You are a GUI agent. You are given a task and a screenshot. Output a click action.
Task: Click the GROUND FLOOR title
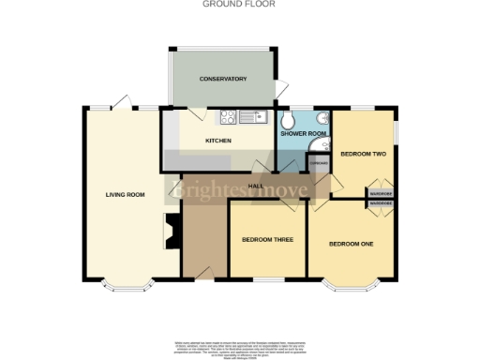(x=240, y=4)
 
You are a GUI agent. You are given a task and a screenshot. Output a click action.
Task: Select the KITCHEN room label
(x=217, y=142)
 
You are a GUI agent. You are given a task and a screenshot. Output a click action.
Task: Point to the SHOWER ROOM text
(x=303, y=134)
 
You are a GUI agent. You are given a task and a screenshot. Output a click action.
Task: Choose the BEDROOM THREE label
(x=267, y=240)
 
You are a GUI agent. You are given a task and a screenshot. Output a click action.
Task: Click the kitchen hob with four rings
(x=227, y=117)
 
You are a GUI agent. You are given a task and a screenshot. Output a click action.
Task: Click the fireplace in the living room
(x=171, y=231)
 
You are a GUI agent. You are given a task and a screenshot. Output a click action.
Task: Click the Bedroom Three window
(x=267, y=279)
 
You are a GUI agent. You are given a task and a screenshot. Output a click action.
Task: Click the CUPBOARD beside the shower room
(x=319, y=162)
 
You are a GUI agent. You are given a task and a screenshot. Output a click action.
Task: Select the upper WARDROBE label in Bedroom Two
(x=379, y=193)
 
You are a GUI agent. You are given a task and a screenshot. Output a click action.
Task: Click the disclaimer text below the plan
(x=240, y=347)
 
